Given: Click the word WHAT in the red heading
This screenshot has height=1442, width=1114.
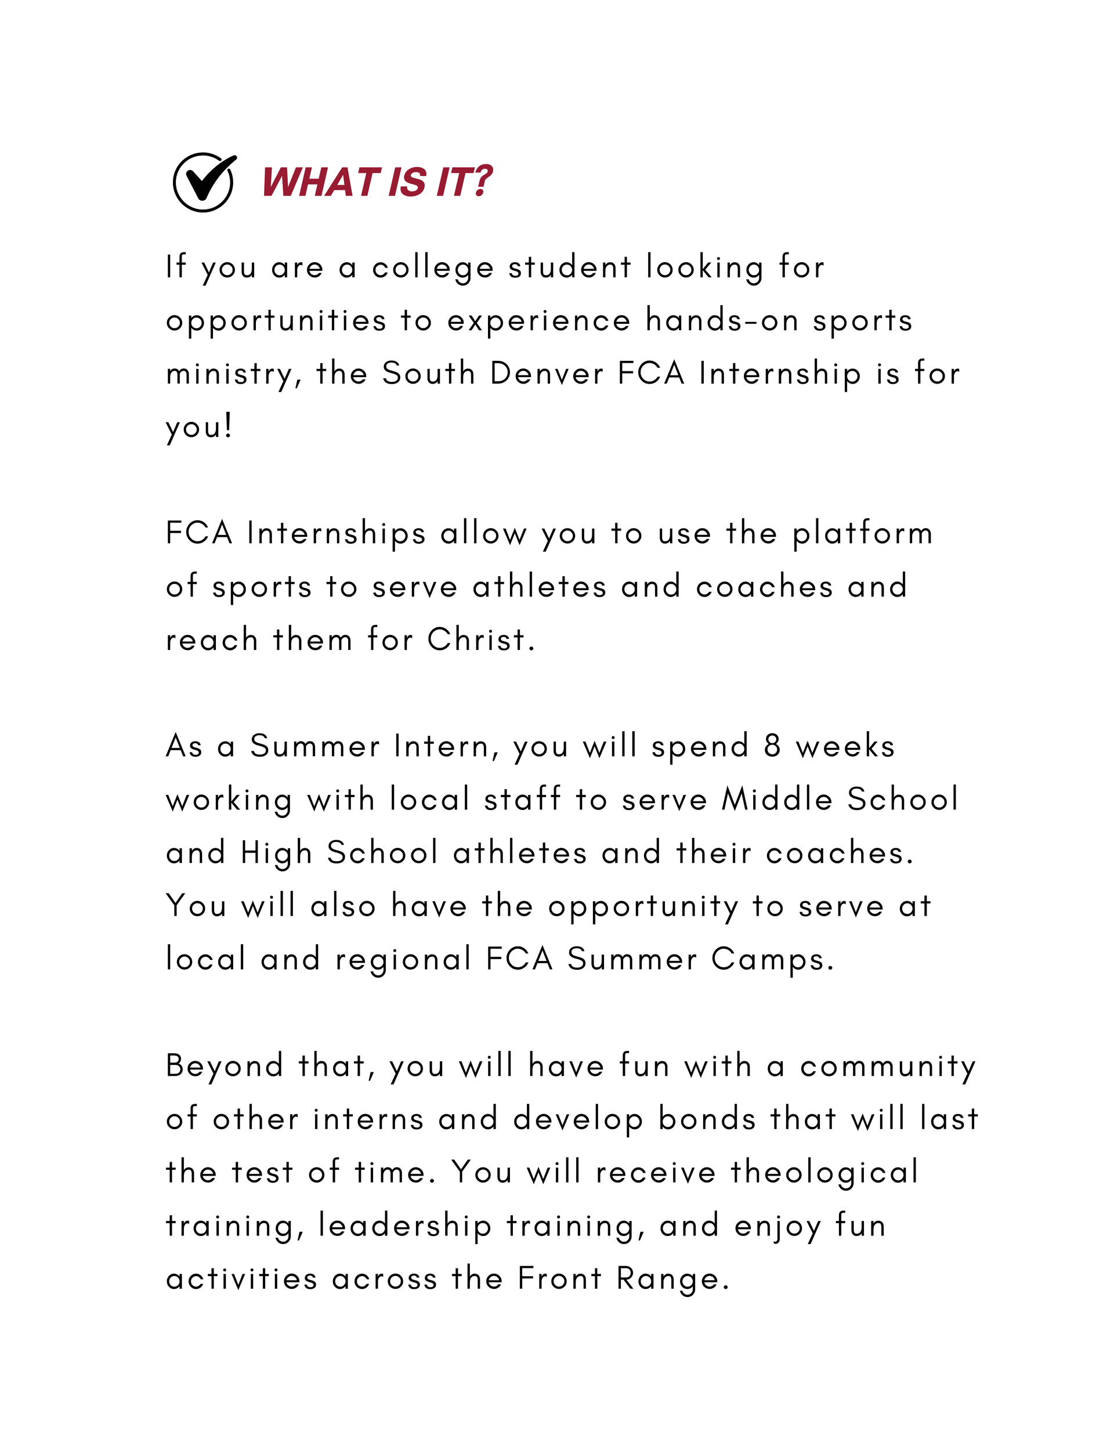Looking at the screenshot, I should point(320,182).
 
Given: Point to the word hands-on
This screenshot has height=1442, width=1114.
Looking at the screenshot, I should point(721,321).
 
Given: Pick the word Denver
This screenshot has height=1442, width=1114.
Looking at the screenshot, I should point(547,374).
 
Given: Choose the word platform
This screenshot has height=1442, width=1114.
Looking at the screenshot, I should point(862,534).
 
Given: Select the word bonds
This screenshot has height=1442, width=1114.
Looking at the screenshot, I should point(707,1120).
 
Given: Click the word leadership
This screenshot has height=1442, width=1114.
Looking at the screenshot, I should point(405,1227).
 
